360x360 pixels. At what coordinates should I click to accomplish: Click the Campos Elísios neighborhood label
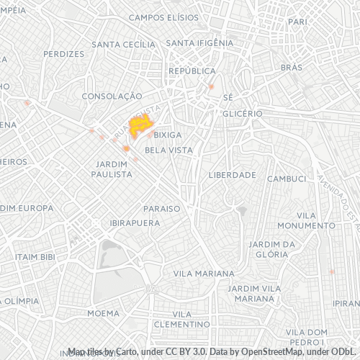pos(163,17)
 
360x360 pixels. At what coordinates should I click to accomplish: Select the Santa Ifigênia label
pos(199,42)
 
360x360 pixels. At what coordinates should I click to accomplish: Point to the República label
pos(192,71)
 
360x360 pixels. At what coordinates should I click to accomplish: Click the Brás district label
pos(292,67)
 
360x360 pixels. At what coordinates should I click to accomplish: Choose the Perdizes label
pos(63,54)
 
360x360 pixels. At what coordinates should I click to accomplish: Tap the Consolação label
pos(112,96)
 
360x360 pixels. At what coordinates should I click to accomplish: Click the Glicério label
pos(241,114)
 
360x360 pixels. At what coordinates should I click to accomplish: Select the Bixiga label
pos(168,135)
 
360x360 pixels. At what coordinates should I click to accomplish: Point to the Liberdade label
pos(232,175)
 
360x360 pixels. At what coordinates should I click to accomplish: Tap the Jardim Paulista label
pos(111,168)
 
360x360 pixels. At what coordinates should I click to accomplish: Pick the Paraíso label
pos(161,208)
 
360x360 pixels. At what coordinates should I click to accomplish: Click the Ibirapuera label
pos(135,223)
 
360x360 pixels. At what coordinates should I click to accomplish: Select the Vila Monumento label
pos(315,220)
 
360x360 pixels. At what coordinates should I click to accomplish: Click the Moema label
pos(103,313)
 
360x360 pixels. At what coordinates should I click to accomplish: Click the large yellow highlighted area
pos(140,126)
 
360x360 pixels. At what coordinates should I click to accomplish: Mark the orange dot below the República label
pos(212,87)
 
